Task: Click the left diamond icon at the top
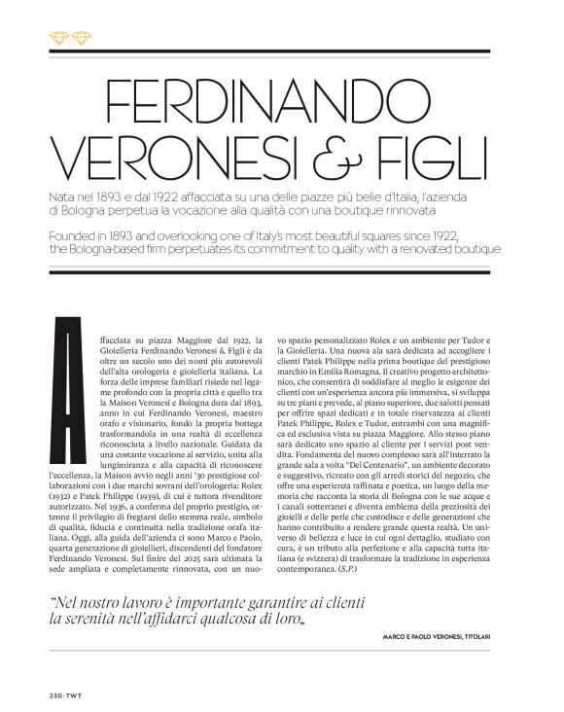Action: click(55, 38)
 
